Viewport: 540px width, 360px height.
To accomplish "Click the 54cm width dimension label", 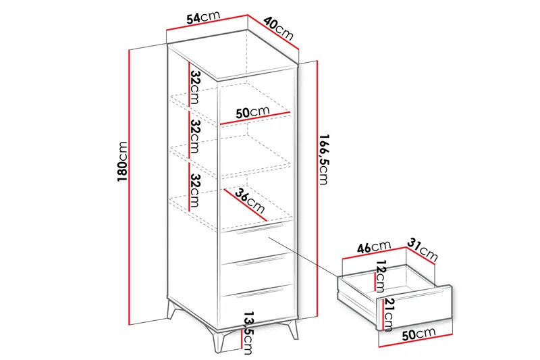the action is (203, 18).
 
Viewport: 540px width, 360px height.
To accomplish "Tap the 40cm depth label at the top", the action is (279, 28).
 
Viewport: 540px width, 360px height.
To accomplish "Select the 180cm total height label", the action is (122, 161).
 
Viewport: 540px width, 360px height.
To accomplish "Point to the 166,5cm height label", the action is (324, 159).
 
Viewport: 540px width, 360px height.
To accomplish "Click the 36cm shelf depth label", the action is (250, 201).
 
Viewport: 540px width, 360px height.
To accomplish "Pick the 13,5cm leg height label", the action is (248, 333).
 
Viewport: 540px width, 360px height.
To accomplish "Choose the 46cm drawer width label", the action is (374, 247).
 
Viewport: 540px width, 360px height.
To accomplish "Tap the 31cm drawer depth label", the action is (423, 250).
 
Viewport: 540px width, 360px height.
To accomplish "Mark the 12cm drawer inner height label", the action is (380, 276).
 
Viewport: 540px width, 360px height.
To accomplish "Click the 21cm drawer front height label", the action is (389, 313).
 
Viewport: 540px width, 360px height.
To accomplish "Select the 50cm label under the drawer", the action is (418, 334).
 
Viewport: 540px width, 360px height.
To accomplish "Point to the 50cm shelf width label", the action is (252, 112).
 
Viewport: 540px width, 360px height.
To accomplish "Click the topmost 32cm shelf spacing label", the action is (195, 87).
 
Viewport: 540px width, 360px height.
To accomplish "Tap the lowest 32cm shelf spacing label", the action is (195, 190).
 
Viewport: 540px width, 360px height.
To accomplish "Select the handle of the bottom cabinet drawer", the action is (259, 293).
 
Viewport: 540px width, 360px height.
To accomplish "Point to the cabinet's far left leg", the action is (171, 309).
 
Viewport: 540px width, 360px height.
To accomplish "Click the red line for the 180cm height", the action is (129, 187).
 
